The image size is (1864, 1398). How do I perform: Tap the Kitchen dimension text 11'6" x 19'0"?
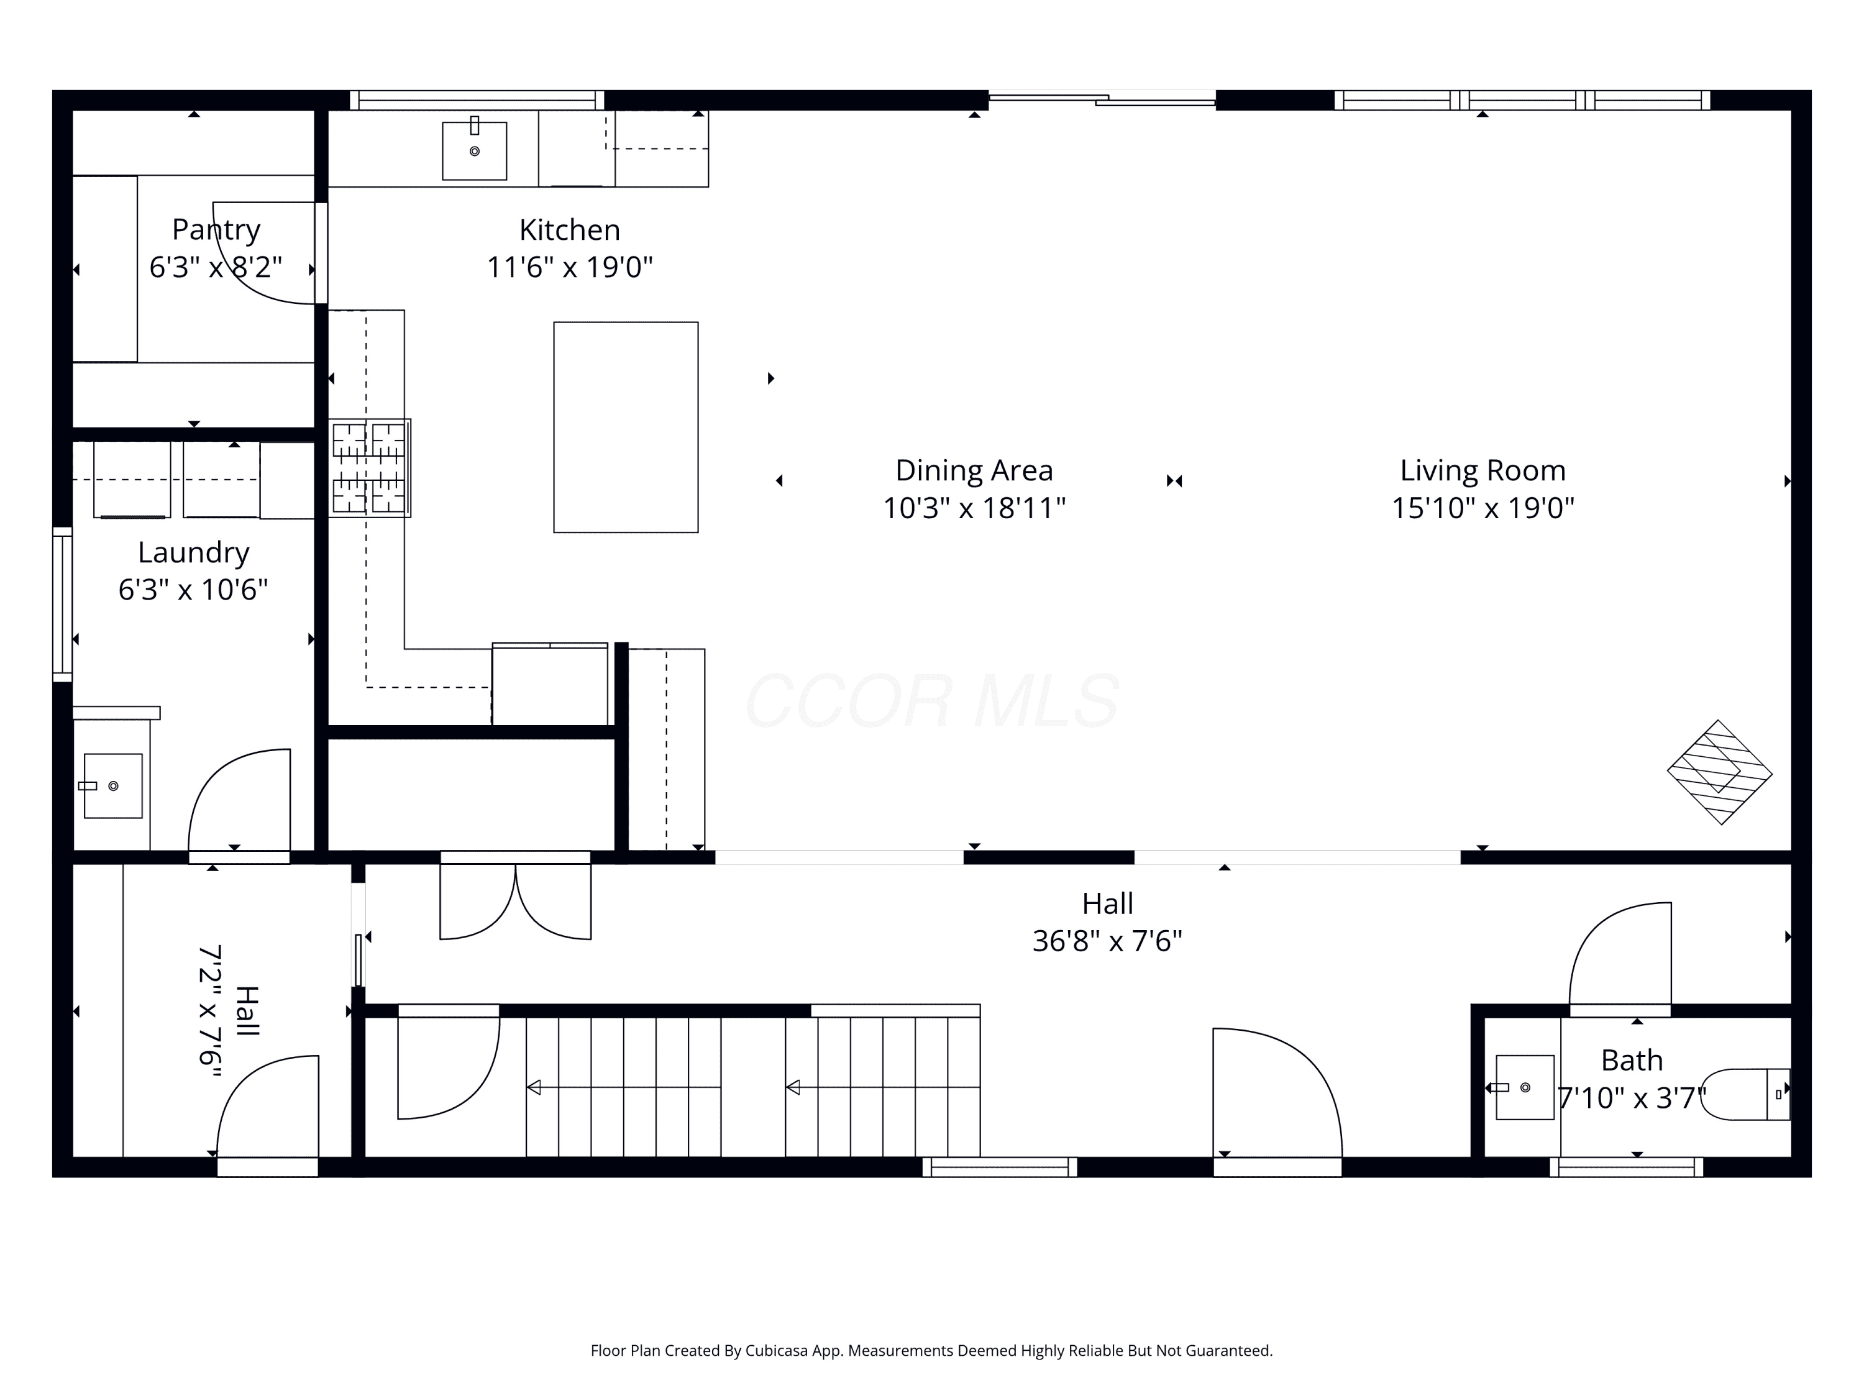coord(570,267)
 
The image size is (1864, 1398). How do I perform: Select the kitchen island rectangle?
coord(625,427)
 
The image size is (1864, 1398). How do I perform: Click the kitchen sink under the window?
coord(475,150)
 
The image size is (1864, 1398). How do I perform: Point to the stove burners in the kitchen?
coord(369,468)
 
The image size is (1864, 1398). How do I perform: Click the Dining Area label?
coord(974,470)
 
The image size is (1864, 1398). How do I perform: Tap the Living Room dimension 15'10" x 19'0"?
coord(1483,508)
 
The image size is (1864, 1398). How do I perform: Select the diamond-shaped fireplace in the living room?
coord(1719,772)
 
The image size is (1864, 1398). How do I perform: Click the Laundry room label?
coord(194,553)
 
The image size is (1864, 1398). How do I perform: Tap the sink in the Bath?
coord(1524,1087)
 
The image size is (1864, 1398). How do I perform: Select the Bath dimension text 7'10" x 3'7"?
coord(1632,1098)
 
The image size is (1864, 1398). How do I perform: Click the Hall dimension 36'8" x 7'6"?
coord(1107,941)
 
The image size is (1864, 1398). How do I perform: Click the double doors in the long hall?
coord(515,897)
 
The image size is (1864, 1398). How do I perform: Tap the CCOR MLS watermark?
coord(932,700)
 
